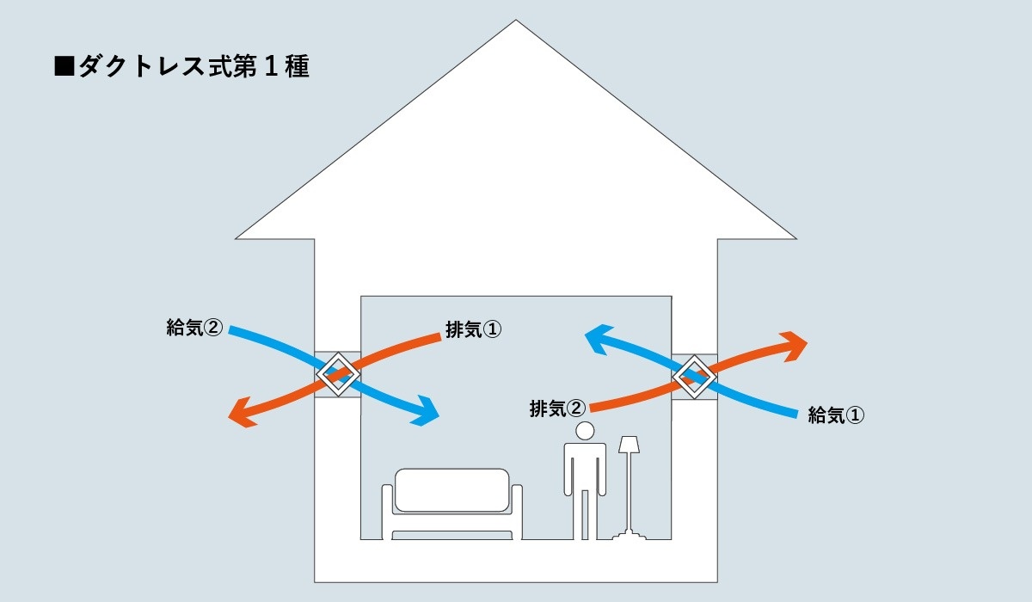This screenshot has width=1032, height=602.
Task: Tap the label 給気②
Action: (x=194, y=329)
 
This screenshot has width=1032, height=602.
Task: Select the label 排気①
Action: (x=472, y=329)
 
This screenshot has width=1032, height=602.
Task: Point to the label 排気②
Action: (x=557, y=408)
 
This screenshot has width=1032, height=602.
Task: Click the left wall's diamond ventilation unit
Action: (x=337, y=375)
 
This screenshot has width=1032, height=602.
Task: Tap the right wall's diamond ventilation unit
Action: (x=694, y=376)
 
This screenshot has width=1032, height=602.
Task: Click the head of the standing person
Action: (x=586, y=430)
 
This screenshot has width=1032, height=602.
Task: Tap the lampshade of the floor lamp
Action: (x=629, y=445)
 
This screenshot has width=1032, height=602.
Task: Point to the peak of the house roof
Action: (x=516, y=23)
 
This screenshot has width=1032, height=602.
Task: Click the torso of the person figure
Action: (x=586, y=468)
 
